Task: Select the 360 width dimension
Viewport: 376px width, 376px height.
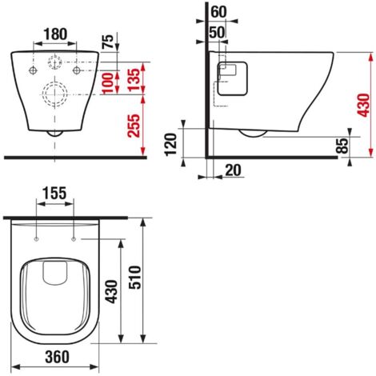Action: [x=56, y=356]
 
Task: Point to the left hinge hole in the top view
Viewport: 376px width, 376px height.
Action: [x=38, y=238]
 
